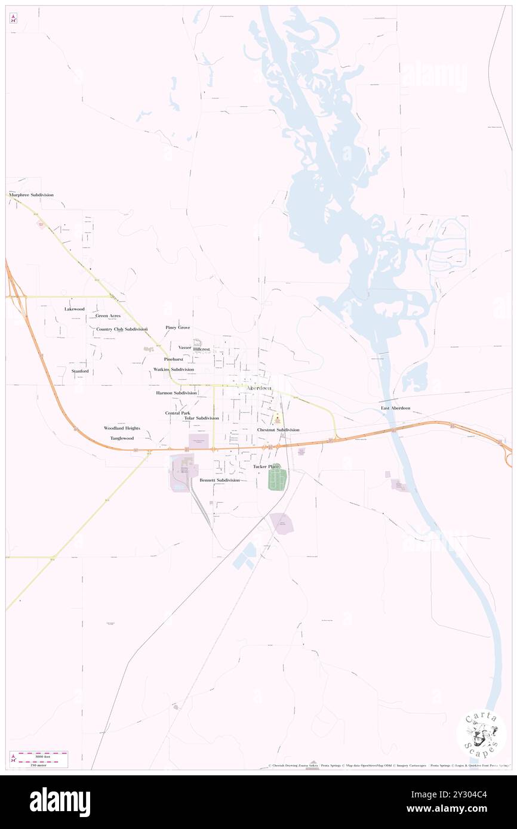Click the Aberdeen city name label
(x=258, y=388)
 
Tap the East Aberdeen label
(x=395, y=408)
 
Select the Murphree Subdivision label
(x=31, y=195)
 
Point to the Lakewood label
(x=75, y=309)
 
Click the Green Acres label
(x=107, y=315)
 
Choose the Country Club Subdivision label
(x=122, y=329)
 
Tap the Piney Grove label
(x=178, y=327)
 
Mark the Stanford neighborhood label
(x=80, y=371)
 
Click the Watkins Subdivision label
(x=174, y=370)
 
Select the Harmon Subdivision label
(x=176, y=393)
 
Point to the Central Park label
(x=177, y=413)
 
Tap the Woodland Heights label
(x=122, y=428)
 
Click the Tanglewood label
(x=122, y=438)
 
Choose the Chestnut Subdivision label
(x=278, y=429)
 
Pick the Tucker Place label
(x=266, y=466)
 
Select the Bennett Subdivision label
(x=219, y=480)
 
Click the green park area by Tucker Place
(x=278, y=480)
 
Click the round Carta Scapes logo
(x=481, y=735)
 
